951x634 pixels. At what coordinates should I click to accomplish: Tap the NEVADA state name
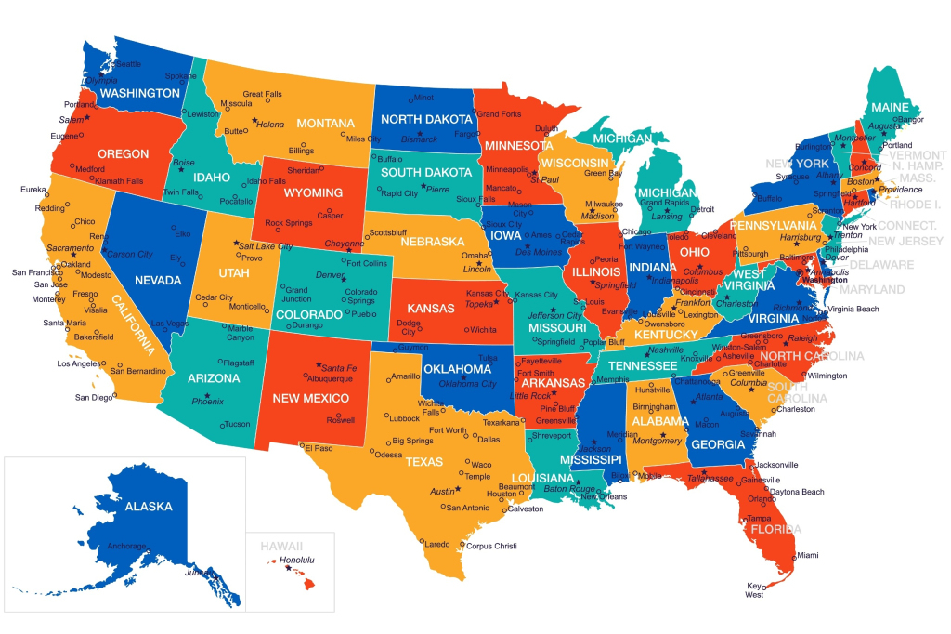[157, 280]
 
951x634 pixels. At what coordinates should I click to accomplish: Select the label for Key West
[754, 589]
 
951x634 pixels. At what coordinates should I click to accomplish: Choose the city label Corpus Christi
[491, 546]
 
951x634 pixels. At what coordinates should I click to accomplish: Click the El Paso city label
[318, 448]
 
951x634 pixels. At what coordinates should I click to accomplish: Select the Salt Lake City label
[266, 246]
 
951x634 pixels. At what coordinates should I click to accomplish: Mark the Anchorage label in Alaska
[126, 546]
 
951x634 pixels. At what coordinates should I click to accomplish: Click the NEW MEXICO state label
[310, 398]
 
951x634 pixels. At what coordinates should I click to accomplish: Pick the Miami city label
[807, 555]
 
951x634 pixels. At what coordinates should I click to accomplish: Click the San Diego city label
[94, 397]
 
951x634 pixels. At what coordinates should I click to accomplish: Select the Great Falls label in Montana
[262, 95]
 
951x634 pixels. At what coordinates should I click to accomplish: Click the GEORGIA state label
[718, 444]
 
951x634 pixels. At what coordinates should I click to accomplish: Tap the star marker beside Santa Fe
[319, 364]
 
